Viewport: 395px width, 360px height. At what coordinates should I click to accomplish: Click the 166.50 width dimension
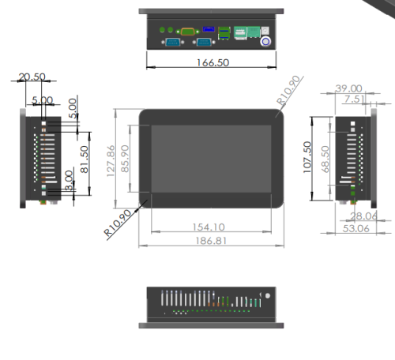[x=211, y=63]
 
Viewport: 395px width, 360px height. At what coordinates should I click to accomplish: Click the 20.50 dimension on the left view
[x=32, y=77]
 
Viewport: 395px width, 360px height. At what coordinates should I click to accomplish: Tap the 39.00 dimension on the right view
[x=348, y=88]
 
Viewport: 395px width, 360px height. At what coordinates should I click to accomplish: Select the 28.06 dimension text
[x=363, y=216]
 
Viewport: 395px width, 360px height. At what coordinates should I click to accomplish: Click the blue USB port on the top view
[x=209, y=30]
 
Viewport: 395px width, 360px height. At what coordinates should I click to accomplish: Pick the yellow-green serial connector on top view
[x=188, y=31]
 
